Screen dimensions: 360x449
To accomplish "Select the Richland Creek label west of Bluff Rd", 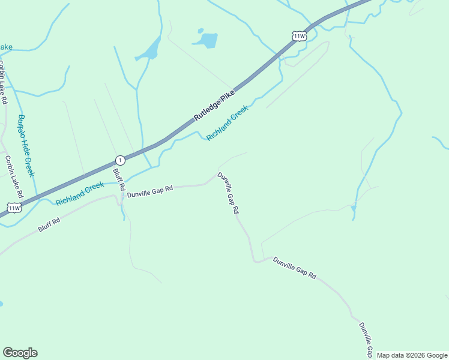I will [x=80, y=194].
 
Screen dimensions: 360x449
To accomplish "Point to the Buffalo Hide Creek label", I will [x=26, y=146].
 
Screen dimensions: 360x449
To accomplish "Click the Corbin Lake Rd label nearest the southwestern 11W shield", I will [x=13, y=177].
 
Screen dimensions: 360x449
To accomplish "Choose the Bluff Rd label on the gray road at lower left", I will [x=49, y=225].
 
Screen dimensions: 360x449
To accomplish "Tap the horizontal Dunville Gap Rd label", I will [x=149, y=191].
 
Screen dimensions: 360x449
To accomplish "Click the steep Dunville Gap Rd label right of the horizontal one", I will [x=228, y=193].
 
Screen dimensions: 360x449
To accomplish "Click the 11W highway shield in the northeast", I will [x=300, y=36].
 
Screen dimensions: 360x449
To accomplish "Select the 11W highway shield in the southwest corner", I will [x=14, y=208].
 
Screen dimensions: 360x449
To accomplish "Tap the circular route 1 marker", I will [x=120, y=160].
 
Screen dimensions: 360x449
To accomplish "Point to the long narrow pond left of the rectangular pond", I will [x=149, y=50].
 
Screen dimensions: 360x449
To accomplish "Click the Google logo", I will [x=20, y=353].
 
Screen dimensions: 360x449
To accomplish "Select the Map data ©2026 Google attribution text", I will [x=411, y=355].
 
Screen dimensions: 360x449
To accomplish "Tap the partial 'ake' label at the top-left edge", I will [x=5, y=47].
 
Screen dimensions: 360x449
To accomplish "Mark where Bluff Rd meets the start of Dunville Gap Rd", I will [x=122, y=196].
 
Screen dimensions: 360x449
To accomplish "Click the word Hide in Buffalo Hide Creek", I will [x=25, y=146].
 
